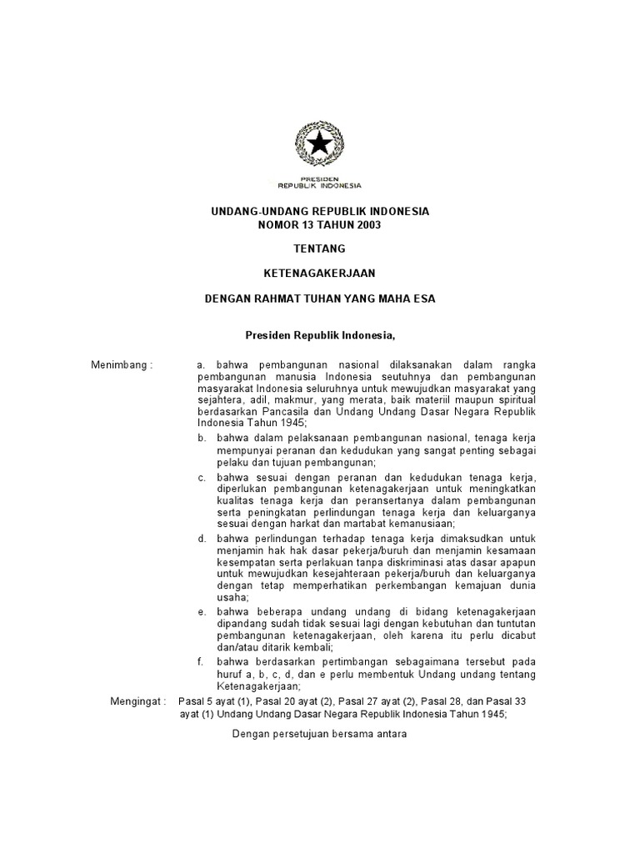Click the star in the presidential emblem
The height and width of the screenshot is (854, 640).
pyautogui.click(x=319, y=144)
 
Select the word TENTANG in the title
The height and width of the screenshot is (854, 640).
pyautogui.click(x=319, y=249)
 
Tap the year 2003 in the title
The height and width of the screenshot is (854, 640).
pyautogui.click(x=353, y=225)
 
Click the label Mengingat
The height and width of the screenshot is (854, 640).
pyautogui.click(x=138, y=701)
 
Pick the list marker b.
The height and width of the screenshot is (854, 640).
pyautogui.click(x=201, y=437)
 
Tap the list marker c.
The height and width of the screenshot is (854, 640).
pyautogui.click(x=201, y=477)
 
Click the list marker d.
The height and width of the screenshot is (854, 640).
pyautogui.click(x=201, y=538)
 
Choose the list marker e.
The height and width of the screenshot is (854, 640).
pyautogui.click(x=201, y=611)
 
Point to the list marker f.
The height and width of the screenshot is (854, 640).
pyautogui.click(x=201, y=661)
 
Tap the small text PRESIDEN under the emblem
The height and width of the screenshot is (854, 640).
pyautogui.click(x=319, y=178)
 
